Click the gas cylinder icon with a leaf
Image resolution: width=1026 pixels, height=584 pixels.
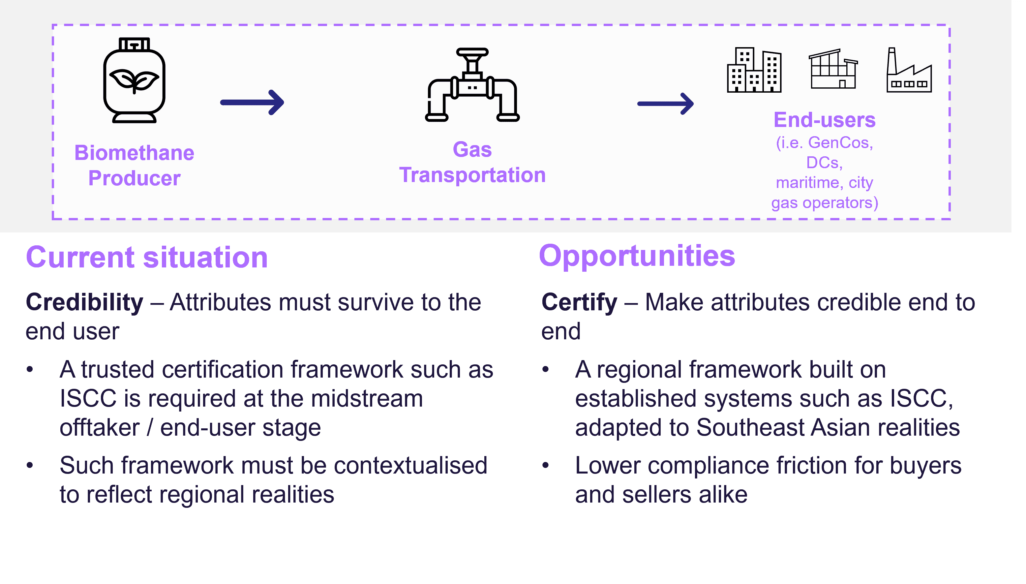(x=134, y=80)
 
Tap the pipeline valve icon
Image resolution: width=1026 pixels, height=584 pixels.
(x=472, y=85)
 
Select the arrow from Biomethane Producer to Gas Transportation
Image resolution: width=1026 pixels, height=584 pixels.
(x=252, y=102)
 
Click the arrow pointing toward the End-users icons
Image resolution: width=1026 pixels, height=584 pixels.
(x=666, y=104)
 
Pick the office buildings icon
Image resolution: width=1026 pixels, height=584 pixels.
(x=754, y=70)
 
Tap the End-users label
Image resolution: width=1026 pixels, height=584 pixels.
(x=824, y=120)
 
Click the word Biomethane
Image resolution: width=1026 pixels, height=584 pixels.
(x=134, y=153)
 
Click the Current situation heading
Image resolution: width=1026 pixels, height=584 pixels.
(x=147, y=257)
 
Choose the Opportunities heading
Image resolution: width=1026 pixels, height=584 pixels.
(x=637, y=256)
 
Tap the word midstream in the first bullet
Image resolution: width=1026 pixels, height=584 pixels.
(x=367, y=399)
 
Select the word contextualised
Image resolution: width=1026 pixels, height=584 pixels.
(x=410, y=466)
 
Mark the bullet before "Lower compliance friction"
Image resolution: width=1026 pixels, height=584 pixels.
(x=545, y=465)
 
